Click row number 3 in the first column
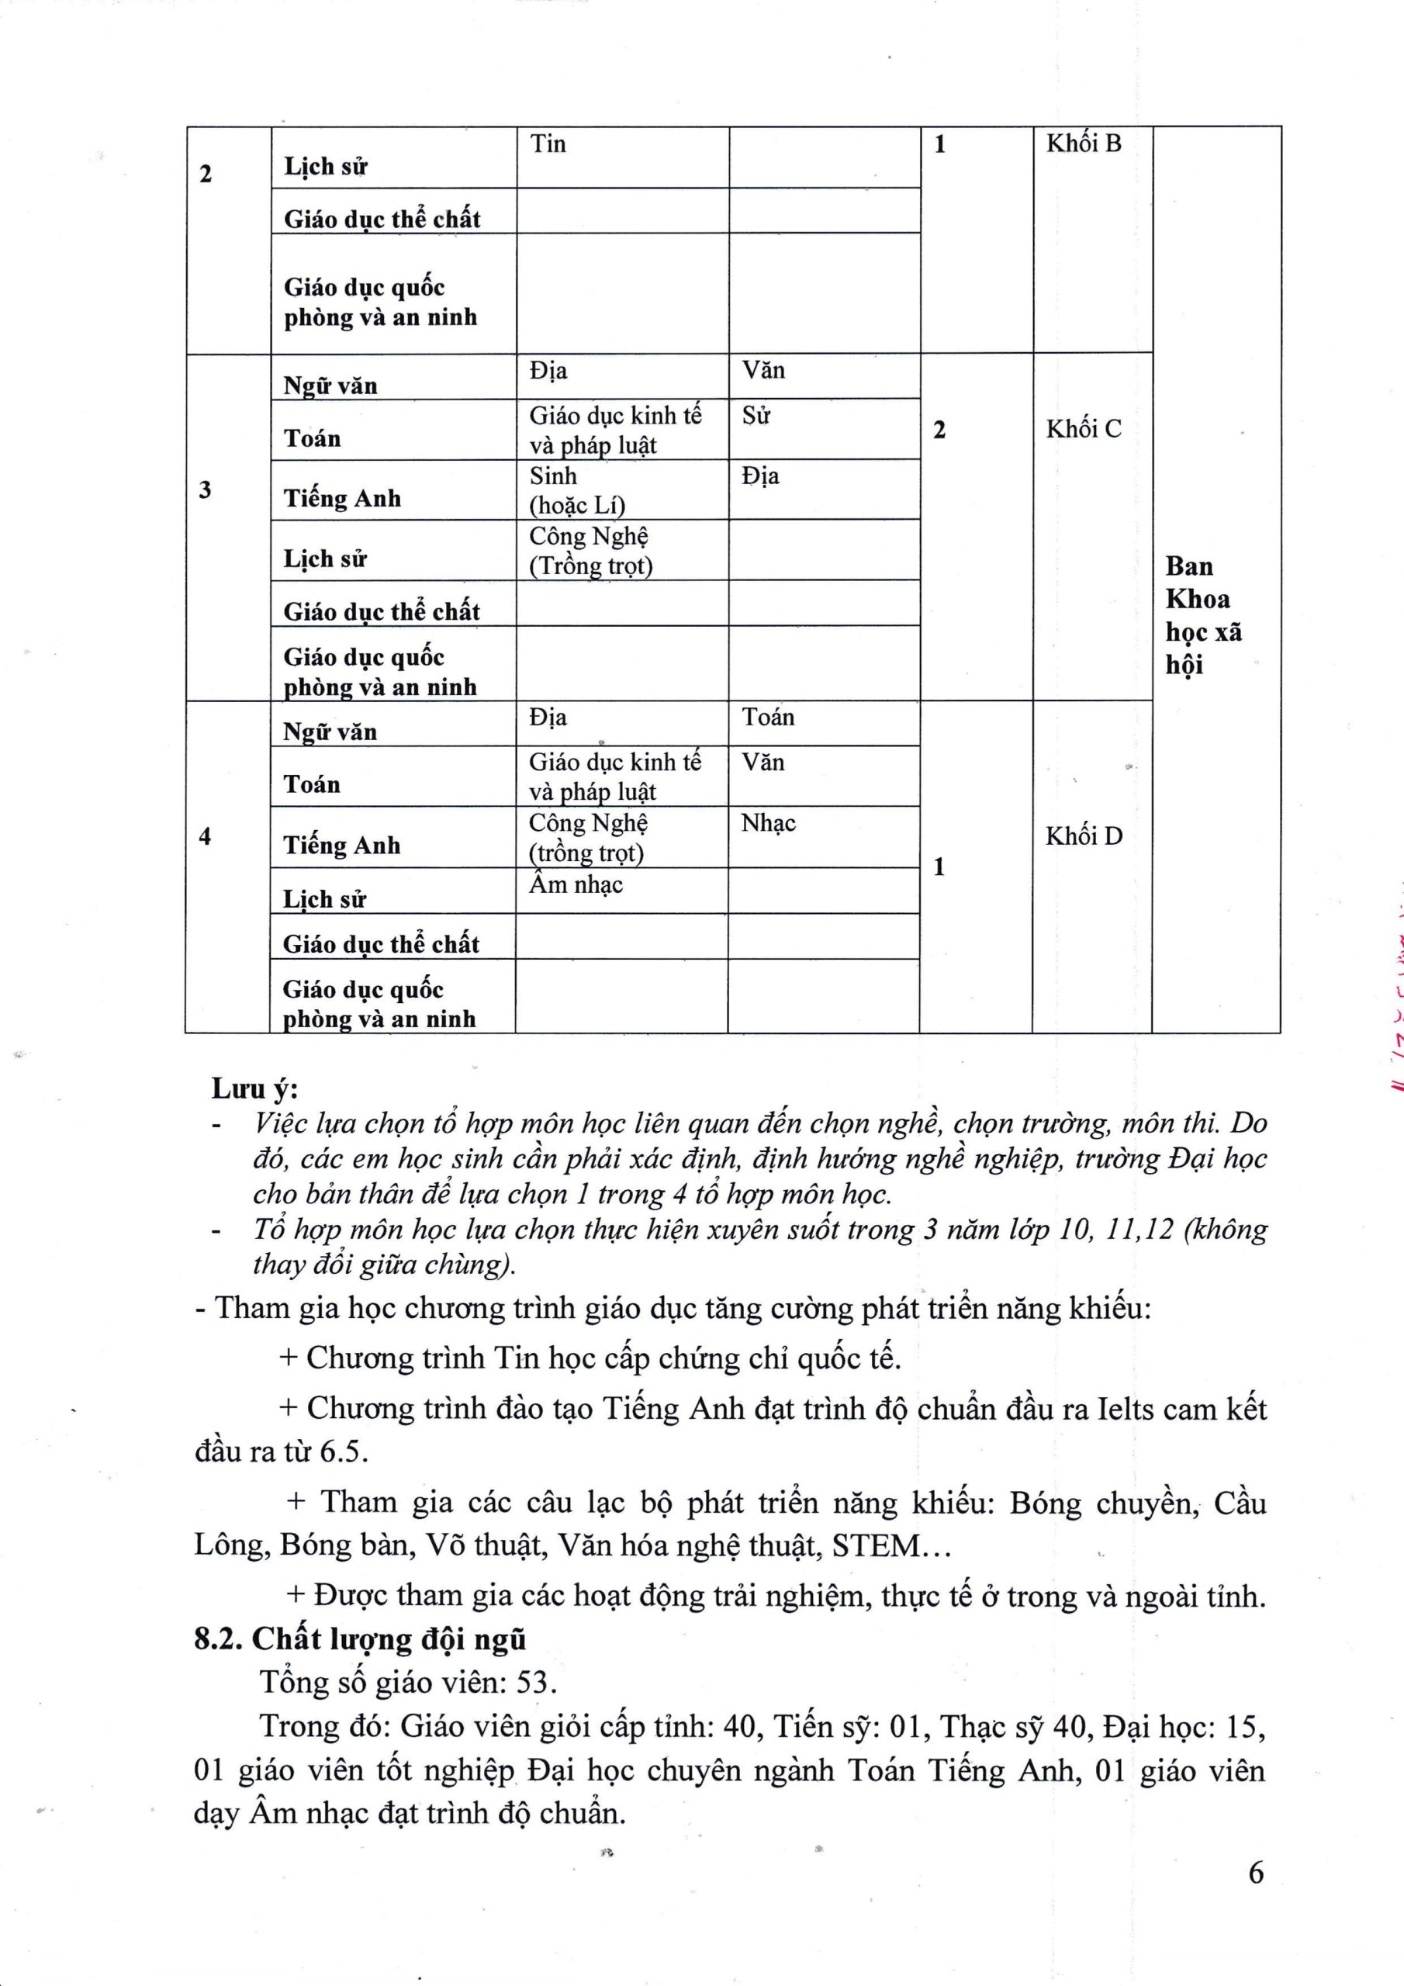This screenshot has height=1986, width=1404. coord(205,490)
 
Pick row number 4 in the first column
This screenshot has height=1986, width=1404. coord(205,836)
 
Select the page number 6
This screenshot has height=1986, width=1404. coord(1256,1873)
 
